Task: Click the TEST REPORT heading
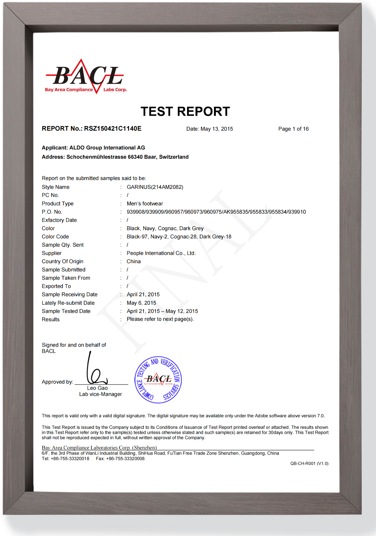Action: [185, 111]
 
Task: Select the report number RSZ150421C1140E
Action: [113, 129]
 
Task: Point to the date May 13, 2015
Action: [217, 129]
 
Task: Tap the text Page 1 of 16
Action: [293, 129]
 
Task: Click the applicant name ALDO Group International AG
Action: [107, 148]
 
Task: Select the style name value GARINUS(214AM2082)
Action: [155, 187]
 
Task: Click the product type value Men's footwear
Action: [145, 204]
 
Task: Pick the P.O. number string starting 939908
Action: [216, 212]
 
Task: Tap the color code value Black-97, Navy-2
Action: [179, 237]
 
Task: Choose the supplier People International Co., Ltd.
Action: [161, 253]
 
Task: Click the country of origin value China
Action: [134, 262]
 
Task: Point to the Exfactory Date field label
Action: [59, 220]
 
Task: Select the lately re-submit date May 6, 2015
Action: [141, 303]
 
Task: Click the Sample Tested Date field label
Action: [66, 311]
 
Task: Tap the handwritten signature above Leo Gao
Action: [94, 369]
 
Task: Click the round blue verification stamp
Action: [158, 380]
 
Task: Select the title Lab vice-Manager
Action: [101, 394]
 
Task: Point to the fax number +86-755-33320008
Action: [125, 459]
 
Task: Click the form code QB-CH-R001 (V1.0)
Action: [309, 464]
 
